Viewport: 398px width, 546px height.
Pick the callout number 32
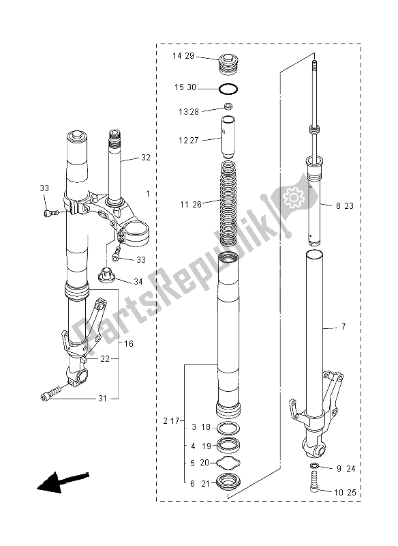(x=146, y=157)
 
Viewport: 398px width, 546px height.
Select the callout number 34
(x=138, y=281)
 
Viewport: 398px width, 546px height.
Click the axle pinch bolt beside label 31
(x=51, y=394)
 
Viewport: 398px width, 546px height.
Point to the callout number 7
(x=343, y=328)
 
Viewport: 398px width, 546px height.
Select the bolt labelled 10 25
(x=315, y=487)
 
